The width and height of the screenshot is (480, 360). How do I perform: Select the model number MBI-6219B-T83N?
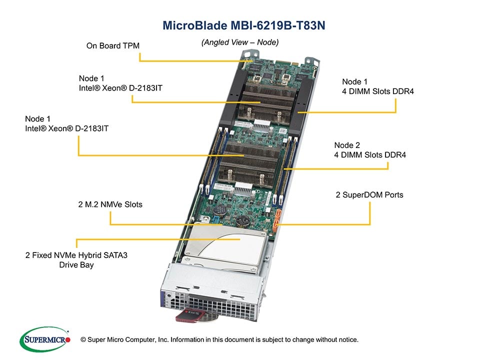click(x=279, y=25)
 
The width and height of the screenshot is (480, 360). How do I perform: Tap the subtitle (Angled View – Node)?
click(x=240, y=42)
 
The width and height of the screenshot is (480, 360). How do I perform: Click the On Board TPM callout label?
click(x=112, y=46)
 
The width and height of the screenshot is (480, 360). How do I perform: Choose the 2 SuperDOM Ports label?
click(x=369, y=194)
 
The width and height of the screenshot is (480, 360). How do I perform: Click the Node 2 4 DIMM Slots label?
click(x=370, y=150)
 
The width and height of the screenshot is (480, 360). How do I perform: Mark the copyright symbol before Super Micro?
click(x=83, y=339)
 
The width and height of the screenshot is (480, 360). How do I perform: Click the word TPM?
click(x=131, y=46)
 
